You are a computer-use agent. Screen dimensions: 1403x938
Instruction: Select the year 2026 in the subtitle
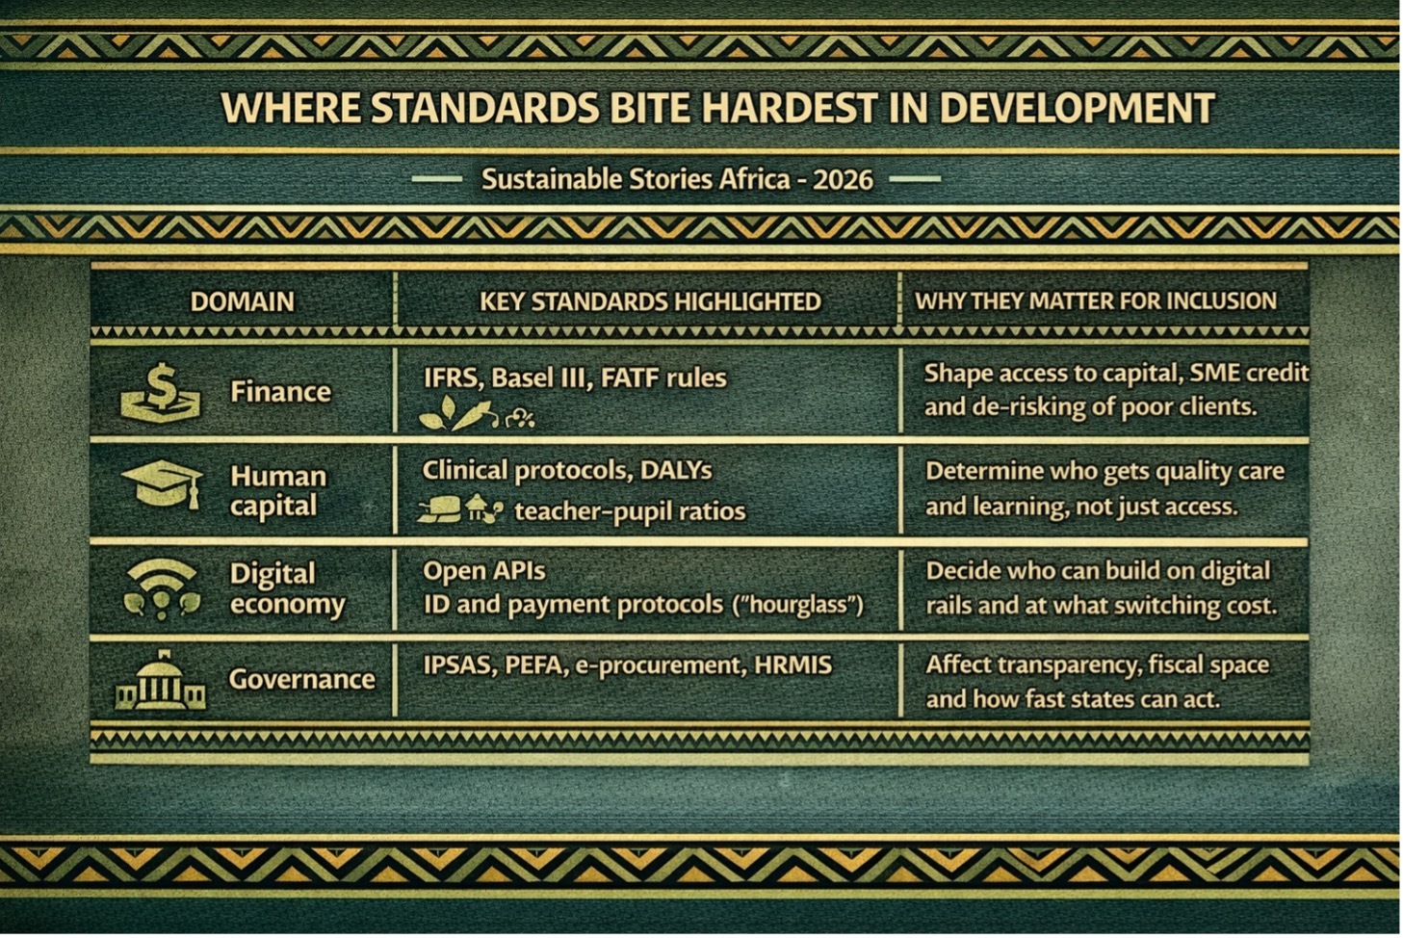pos(843,180)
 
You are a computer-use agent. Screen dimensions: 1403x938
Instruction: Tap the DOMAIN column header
pos(243,302)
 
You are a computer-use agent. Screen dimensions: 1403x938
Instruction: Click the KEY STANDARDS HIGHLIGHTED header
pos(650,301)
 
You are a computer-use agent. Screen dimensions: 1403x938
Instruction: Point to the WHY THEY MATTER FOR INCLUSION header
pos(1096,300)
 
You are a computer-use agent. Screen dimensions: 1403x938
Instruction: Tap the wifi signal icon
pos(162,588)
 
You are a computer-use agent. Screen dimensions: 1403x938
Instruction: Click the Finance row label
pos(280,392)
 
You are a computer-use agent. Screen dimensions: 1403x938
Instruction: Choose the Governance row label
pos(302,679)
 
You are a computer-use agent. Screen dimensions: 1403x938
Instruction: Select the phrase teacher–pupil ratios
pos(630,511)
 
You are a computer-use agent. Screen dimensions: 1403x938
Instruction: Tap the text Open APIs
pos(484,571)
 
